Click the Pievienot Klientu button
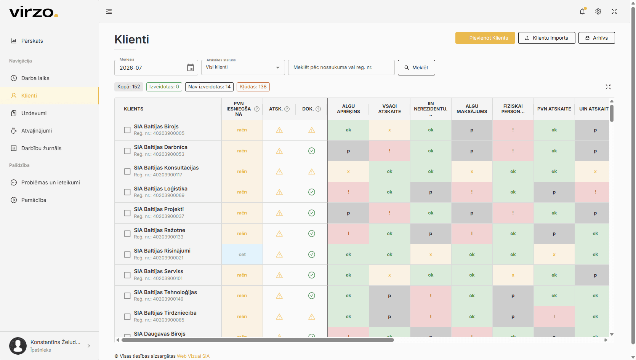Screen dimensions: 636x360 (485, 38)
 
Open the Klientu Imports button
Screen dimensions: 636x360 (546, 38)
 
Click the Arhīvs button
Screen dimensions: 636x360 (596, 38)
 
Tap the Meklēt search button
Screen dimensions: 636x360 (416, 67)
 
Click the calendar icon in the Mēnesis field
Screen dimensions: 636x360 (191, 67)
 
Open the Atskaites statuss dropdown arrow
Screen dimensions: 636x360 (278, 67)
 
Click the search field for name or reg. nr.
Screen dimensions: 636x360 (341, 67)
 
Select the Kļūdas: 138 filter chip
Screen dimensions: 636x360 (253, 86)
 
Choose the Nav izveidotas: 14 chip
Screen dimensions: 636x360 (209, 86)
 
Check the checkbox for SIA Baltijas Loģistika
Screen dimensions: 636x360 (127, 192)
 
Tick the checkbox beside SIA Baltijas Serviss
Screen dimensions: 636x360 (127, 275)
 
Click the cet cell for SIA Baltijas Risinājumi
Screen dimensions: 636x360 (242, 254)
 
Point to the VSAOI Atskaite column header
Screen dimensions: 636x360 (389, 109)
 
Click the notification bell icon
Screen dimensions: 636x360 (582, 11)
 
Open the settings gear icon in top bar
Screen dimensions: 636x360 (598, 11)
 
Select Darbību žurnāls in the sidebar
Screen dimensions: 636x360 (41, 148)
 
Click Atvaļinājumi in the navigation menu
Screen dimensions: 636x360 (36, 131)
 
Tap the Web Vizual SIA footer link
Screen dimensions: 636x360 (193, 356)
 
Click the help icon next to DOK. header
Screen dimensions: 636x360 (318, 109)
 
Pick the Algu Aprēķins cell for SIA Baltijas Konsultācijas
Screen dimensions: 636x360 (348, 171)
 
